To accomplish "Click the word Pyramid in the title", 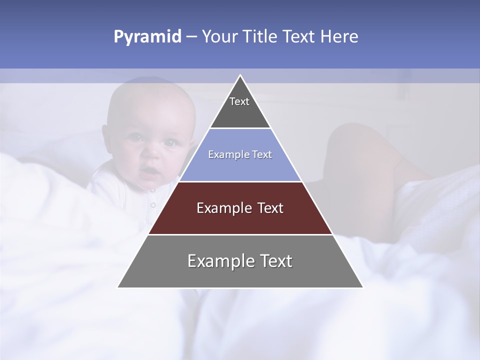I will pos(147,37).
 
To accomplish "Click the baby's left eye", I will pos(170,142).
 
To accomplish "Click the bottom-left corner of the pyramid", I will pos(118,287).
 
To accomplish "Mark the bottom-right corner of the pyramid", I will pos(362,287).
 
